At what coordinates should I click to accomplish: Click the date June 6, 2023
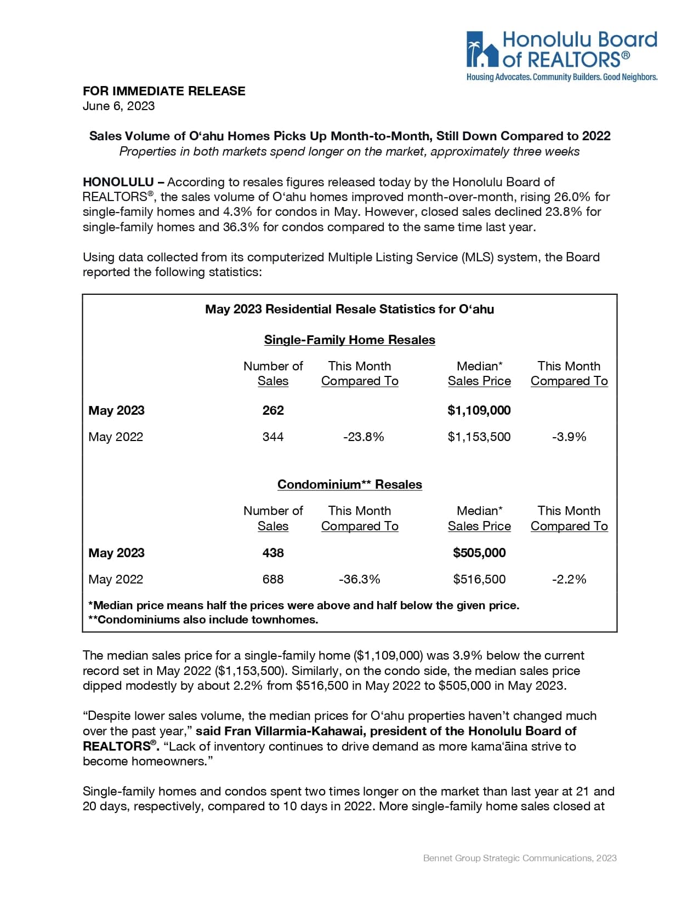tap(118, 106)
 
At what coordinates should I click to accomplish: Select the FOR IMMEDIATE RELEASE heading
tap(164, 91)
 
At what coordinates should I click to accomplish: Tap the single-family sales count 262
tap(273, 410)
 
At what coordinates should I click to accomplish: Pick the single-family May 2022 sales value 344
tap(273, 437)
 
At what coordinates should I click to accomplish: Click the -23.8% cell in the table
tap(363, 437)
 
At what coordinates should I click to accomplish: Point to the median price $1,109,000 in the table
tap(479, 410)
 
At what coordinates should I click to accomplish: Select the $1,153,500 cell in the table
tap(479, 437)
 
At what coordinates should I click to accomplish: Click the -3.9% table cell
tap(569, 437)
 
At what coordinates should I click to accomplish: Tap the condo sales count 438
tap(273, 553)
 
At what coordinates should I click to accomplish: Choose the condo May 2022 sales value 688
tap(273, 579)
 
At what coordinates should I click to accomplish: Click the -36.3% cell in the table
tap(360, 579)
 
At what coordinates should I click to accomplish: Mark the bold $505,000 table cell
tap(479, 553)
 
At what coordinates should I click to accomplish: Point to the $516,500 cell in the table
tap(479, 579)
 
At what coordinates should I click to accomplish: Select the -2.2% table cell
tap(569, 579)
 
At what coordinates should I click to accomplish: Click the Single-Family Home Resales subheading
tap(350, 340)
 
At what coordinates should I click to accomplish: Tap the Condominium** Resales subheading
tap(350, 484)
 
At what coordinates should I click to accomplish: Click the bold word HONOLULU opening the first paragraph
tap(118, 182)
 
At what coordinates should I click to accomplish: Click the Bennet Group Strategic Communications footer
tap(520, 858)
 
